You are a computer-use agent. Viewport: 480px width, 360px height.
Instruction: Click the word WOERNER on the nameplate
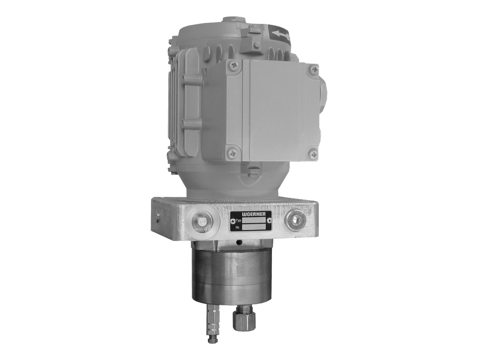pyautogui.click(x=254, y=214)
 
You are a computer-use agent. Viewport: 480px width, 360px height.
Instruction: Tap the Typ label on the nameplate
pyautogui.click(x=239, y=220)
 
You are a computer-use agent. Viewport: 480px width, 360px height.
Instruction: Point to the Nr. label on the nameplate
pyautogui.click(x=238, y=228)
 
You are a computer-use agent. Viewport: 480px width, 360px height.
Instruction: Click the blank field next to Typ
pyautogui.click(x=254, y=220)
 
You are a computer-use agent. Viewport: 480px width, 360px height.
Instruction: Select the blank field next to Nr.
pyautogui.click(x=254, y=227)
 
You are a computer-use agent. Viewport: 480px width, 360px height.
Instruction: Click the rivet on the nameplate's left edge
pyautogui.click(x=233, y=221)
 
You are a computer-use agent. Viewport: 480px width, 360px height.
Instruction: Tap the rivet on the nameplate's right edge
pyautogui.click(x=269, y=221)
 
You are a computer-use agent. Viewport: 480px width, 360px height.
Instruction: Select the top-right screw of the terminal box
pyautogui.click(x=314, y=69)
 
